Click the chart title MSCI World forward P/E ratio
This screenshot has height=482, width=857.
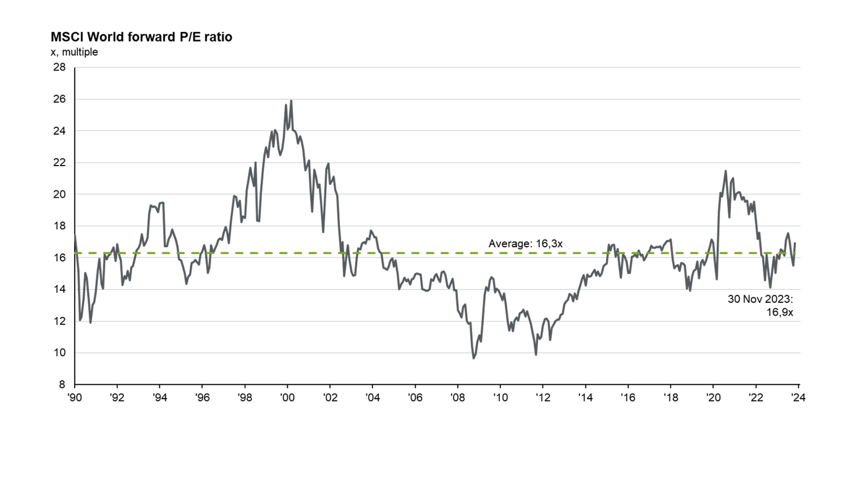[x=141, y=37]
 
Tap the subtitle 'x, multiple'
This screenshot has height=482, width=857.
[x=74, y=52]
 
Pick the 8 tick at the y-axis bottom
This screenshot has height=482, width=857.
[x=63, y=384]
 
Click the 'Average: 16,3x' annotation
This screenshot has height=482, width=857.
[x=525, y=243]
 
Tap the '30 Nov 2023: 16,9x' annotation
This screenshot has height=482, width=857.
[x=762, y=306]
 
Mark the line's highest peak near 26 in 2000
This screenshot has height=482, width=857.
[x=291, y=101]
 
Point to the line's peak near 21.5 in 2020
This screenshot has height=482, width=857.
[x=725, y=171]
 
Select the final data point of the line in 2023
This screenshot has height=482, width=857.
[x=795, y=243]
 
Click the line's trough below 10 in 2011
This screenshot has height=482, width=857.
[x=536, y=354]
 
